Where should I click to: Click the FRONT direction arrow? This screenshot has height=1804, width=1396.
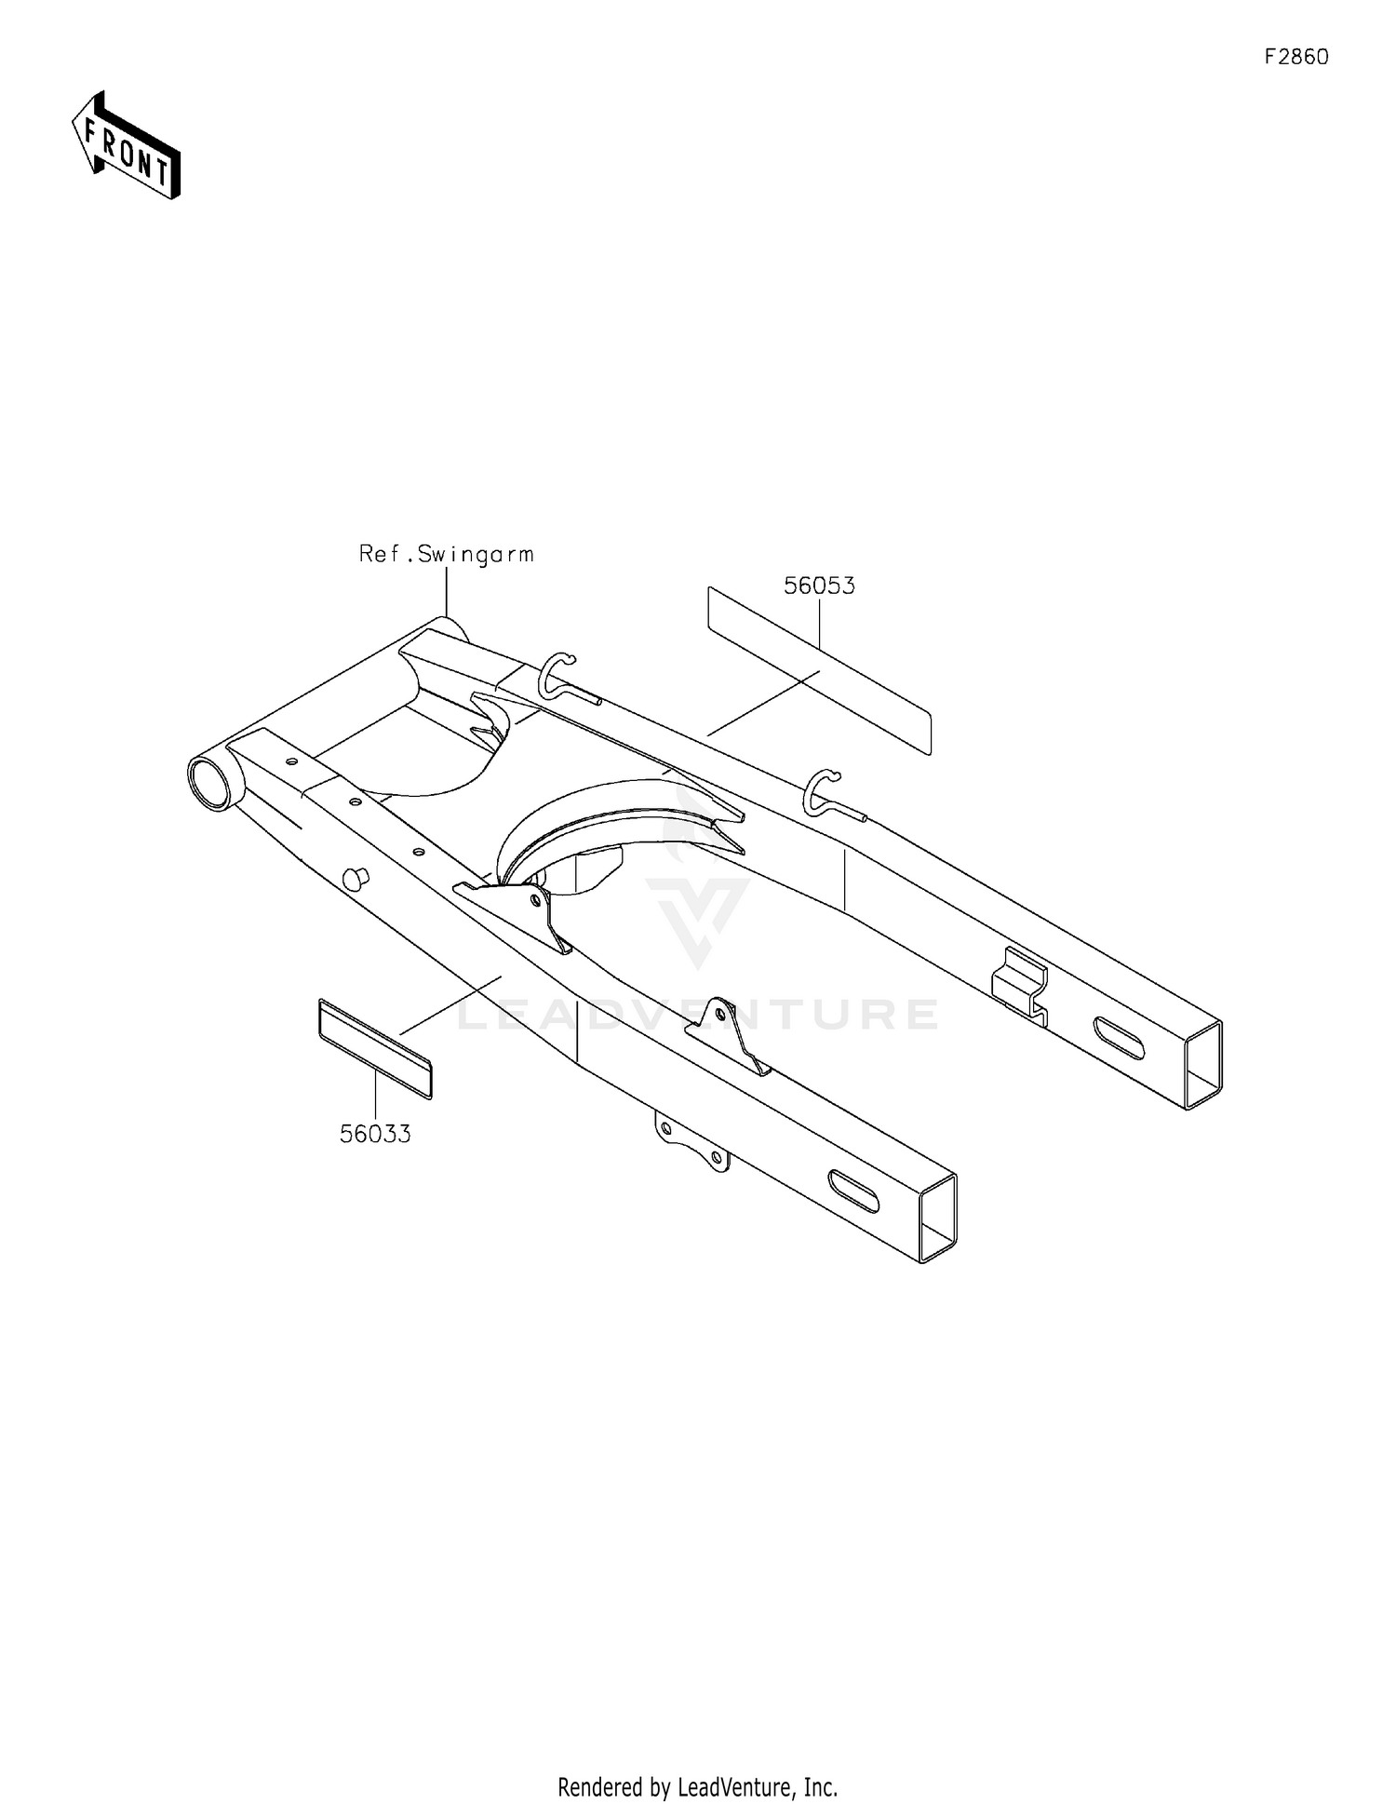click(x=127, y=145)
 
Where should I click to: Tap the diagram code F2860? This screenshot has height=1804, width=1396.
click(x=1296, y=57)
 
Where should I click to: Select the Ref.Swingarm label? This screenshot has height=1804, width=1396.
click(x=447, y=555)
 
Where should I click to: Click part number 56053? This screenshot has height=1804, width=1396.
click(x=819, y=586)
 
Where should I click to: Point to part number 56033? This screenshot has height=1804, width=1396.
click(x=375, y=1134)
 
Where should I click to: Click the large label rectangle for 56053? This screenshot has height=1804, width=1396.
click(x=819, y=670)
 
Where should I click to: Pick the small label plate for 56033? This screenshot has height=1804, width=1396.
click(x=375, y=1048)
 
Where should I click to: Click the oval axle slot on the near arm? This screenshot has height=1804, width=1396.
click(x=853, y=1191)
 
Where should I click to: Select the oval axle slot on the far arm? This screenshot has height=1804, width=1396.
click(x=1119, y=1037)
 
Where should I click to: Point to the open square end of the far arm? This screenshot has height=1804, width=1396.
click(x=1203, y=1065)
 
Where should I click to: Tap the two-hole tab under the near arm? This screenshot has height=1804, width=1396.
click(x=693, y=1142)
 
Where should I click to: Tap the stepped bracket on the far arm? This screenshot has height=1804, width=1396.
click(x=1020, y=986)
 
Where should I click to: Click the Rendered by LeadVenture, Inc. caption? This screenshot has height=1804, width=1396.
click(x=698, y=1786)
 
